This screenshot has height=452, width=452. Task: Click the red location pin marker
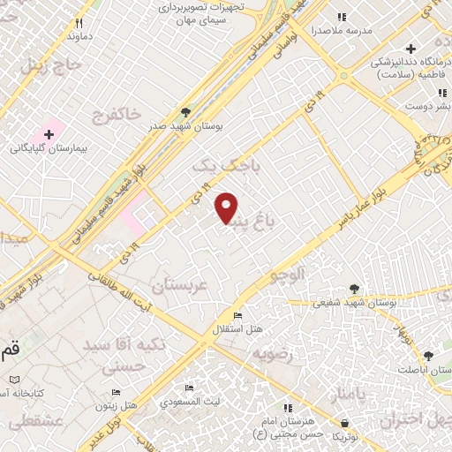[227, 207]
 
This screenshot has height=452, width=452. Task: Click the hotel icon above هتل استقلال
[237, 316]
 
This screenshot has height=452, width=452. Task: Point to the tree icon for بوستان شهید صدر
[185, 112]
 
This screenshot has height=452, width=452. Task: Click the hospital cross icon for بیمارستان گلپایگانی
[49, 134]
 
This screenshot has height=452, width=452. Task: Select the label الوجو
[289, 275]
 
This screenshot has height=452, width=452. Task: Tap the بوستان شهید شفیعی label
[354, 303]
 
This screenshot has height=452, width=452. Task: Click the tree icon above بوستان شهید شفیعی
[354, 289]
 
